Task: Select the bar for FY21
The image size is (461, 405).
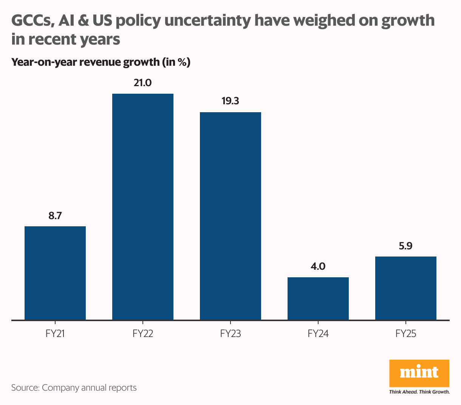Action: [55, 273]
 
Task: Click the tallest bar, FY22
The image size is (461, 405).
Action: [143, 207]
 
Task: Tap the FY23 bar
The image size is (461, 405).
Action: [230, 216]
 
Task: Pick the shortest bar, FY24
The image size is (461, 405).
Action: [318, 298]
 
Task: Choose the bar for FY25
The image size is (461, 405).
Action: [406, 288]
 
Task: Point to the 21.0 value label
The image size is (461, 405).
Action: [142, 83]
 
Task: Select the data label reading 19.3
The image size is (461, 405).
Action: [230, 101]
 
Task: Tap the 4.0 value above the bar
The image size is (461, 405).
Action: [318, 266]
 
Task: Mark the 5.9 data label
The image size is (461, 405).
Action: [405, 246]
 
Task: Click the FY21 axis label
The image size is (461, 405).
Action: [55, 334]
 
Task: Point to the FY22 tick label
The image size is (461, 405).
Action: [143, 334]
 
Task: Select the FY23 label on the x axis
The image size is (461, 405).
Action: [230, 334]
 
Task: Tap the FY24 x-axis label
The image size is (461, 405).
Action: [318, 334]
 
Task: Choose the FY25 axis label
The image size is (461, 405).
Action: [406, 334]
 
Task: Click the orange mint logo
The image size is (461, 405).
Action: [419, 373]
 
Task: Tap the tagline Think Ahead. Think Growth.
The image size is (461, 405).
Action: [419, 392]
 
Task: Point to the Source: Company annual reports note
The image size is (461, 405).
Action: [74, 388]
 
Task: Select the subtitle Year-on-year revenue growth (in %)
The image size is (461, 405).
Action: [101, 62]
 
